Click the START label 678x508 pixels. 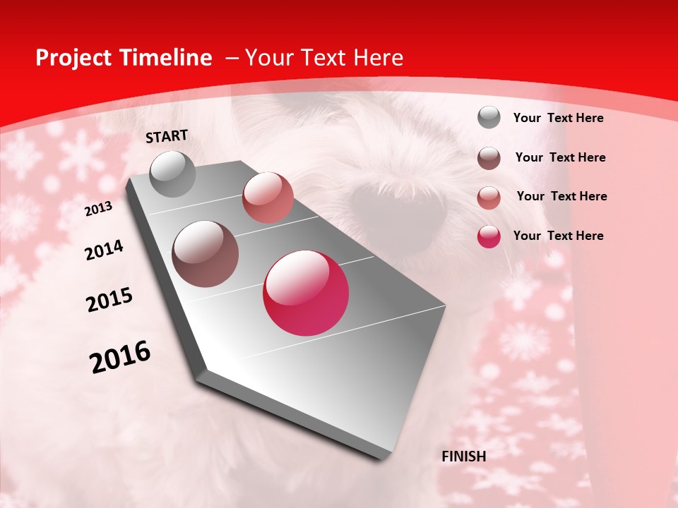(167, 136)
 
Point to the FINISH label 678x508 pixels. (463, 456)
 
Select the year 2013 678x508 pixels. (98, 209)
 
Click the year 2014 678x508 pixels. (104, 250)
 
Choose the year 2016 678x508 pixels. (120, 357)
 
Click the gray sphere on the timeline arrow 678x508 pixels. (172, 174)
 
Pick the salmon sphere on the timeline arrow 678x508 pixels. (268, 198)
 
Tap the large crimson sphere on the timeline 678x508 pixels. (306, 293)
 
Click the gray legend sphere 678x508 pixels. (489, 118)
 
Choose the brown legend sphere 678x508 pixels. (489, 158)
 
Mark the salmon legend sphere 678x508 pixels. (489, 198)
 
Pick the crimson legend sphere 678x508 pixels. (489, 236)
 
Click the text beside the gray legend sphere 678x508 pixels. (558, 119)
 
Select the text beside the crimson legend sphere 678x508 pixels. (558, 236)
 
